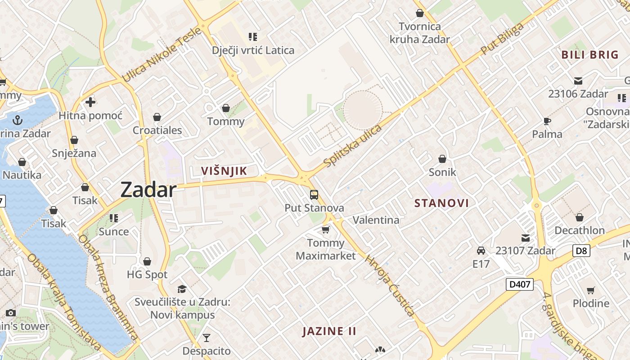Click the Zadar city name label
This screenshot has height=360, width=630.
coord(148,190)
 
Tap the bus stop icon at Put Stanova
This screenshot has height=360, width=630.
coord(314,195)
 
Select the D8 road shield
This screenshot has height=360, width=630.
coord(581,251)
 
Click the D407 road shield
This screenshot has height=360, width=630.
coord(519,284)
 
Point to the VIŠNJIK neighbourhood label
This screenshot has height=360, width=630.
coord(224,171)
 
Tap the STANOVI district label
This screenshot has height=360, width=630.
coord(441,203)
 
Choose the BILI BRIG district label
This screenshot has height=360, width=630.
coord(590,55)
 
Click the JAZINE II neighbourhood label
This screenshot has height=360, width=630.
coord(329,332)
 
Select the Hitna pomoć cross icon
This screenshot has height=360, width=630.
coord(90,102)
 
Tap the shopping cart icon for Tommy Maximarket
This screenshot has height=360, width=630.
coord(326,230)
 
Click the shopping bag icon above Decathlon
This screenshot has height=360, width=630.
coord(580,217)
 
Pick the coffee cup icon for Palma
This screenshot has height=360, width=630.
coord(547,121)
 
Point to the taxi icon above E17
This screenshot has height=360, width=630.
coord(481,251)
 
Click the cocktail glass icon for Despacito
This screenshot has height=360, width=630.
coord(207,337)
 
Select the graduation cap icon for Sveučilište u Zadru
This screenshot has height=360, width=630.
coord(182,288)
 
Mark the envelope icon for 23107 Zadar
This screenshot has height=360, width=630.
coord(526,238)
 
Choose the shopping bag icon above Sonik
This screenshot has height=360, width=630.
coord(442,159)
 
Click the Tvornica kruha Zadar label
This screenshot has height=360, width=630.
coord(419,33)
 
